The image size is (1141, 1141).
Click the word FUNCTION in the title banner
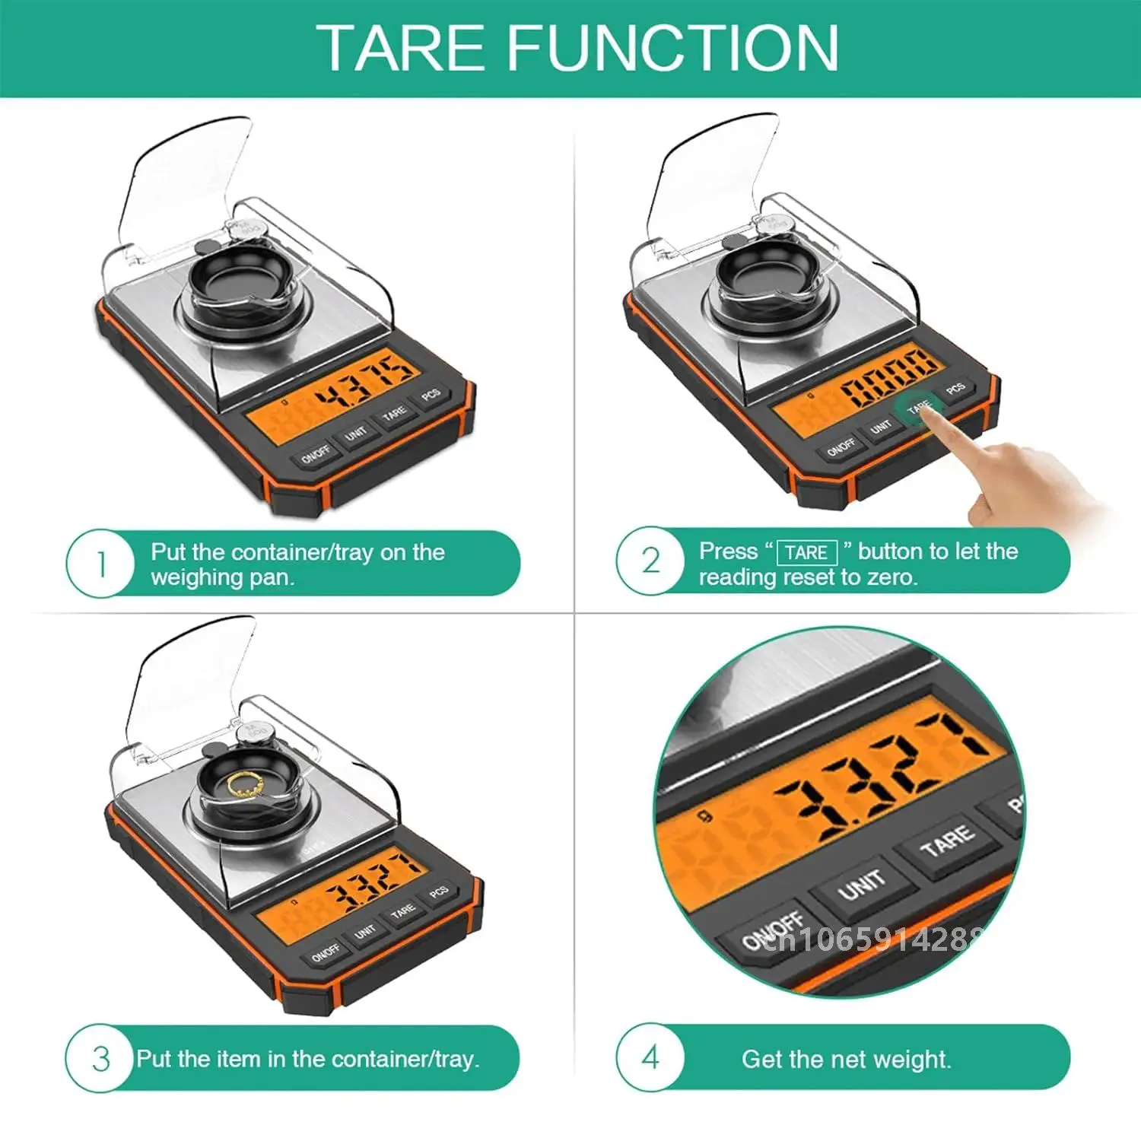point(672,48)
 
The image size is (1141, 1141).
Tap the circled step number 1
point(100,564)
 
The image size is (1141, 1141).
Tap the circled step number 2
point(650,561)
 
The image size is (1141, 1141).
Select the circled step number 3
point(100,1059)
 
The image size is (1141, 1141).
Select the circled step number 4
point(650,1057)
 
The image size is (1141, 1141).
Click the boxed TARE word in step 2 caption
point(806,552)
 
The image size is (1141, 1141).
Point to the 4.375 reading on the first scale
point(365,378)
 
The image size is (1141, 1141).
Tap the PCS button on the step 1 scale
point(431,395)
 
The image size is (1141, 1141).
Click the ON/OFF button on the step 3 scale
point(326,952)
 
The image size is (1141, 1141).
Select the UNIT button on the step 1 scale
point(355,434)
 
